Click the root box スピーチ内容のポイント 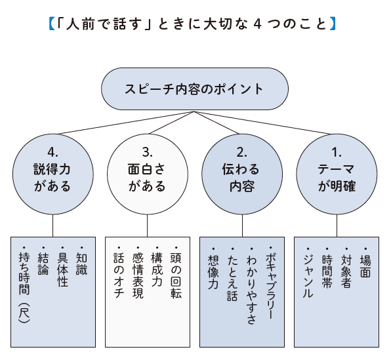[194, 89]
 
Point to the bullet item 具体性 [63, 269]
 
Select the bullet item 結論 [44, 262]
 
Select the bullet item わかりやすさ [251, 282]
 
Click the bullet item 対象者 [346, 269]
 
